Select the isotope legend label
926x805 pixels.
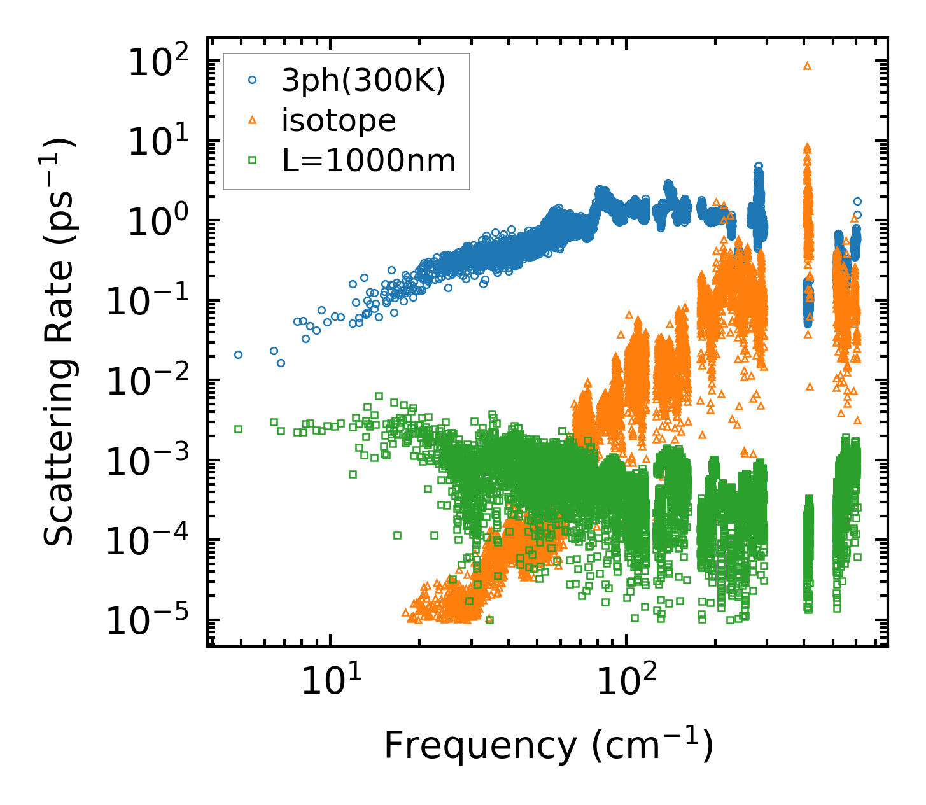tap(339, 120)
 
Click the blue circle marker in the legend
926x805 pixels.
tap(253, 80)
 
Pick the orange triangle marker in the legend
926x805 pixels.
tap(253, 120)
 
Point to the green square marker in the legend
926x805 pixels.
tap(253, 160)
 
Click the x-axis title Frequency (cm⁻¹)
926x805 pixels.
tap(548, 745)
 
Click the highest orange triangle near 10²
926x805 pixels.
tap(808, 66)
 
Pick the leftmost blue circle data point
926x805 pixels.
tap(239, 354)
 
